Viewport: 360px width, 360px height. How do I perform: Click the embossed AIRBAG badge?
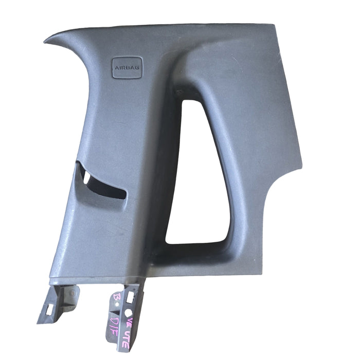[127, 67]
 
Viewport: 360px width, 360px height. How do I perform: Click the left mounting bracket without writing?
[57, 303]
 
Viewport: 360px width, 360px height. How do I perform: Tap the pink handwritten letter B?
[116, 298]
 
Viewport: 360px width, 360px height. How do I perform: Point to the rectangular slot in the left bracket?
[50, 310]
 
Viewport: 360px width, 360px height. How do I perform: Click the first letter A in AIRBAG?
[116, 67]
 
